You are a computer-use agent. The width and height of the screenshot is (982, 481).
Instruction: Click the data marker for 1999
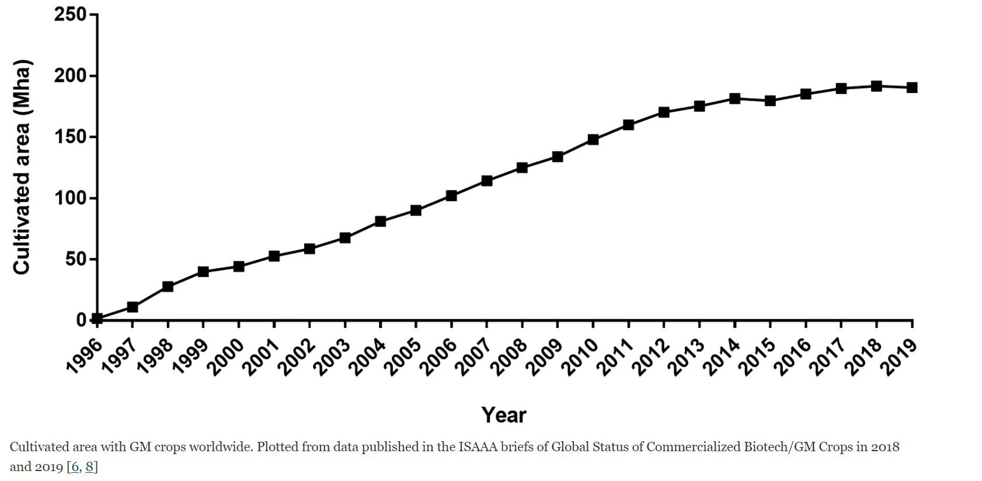[203, 272]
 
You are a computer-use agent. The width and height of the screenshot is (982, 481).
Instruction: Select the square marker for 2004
[381, 222]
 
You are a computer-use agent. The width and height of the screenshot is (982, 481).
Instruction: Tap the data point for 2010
[593, 140]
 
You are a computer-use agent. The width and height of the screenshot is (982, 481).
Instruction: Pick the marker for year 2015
[770, 101]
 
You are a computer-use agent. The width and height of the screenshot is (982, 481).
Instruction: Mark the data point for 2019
[912, 88]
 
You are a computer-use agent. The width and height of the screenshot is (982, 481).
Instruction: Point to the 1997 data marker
[133, 307]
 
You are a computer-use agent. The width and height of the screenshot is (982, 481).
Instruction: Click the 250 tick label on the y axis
[70, 15]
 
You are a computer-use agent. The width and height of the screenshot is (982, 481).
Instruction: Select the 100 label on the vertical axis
[70, 198]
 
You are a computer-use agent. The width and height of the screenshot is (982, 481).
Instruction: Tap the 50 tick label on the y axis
[76, 259]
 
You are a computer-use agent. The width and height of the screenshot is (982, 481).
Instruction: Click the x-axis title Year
[504, 415]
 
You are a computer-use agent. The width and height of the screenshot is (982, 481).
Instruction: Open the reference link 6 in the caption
[75, 467]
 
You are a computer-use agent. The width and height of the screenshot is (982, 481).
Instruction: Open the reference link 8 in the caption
[89, 467]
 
